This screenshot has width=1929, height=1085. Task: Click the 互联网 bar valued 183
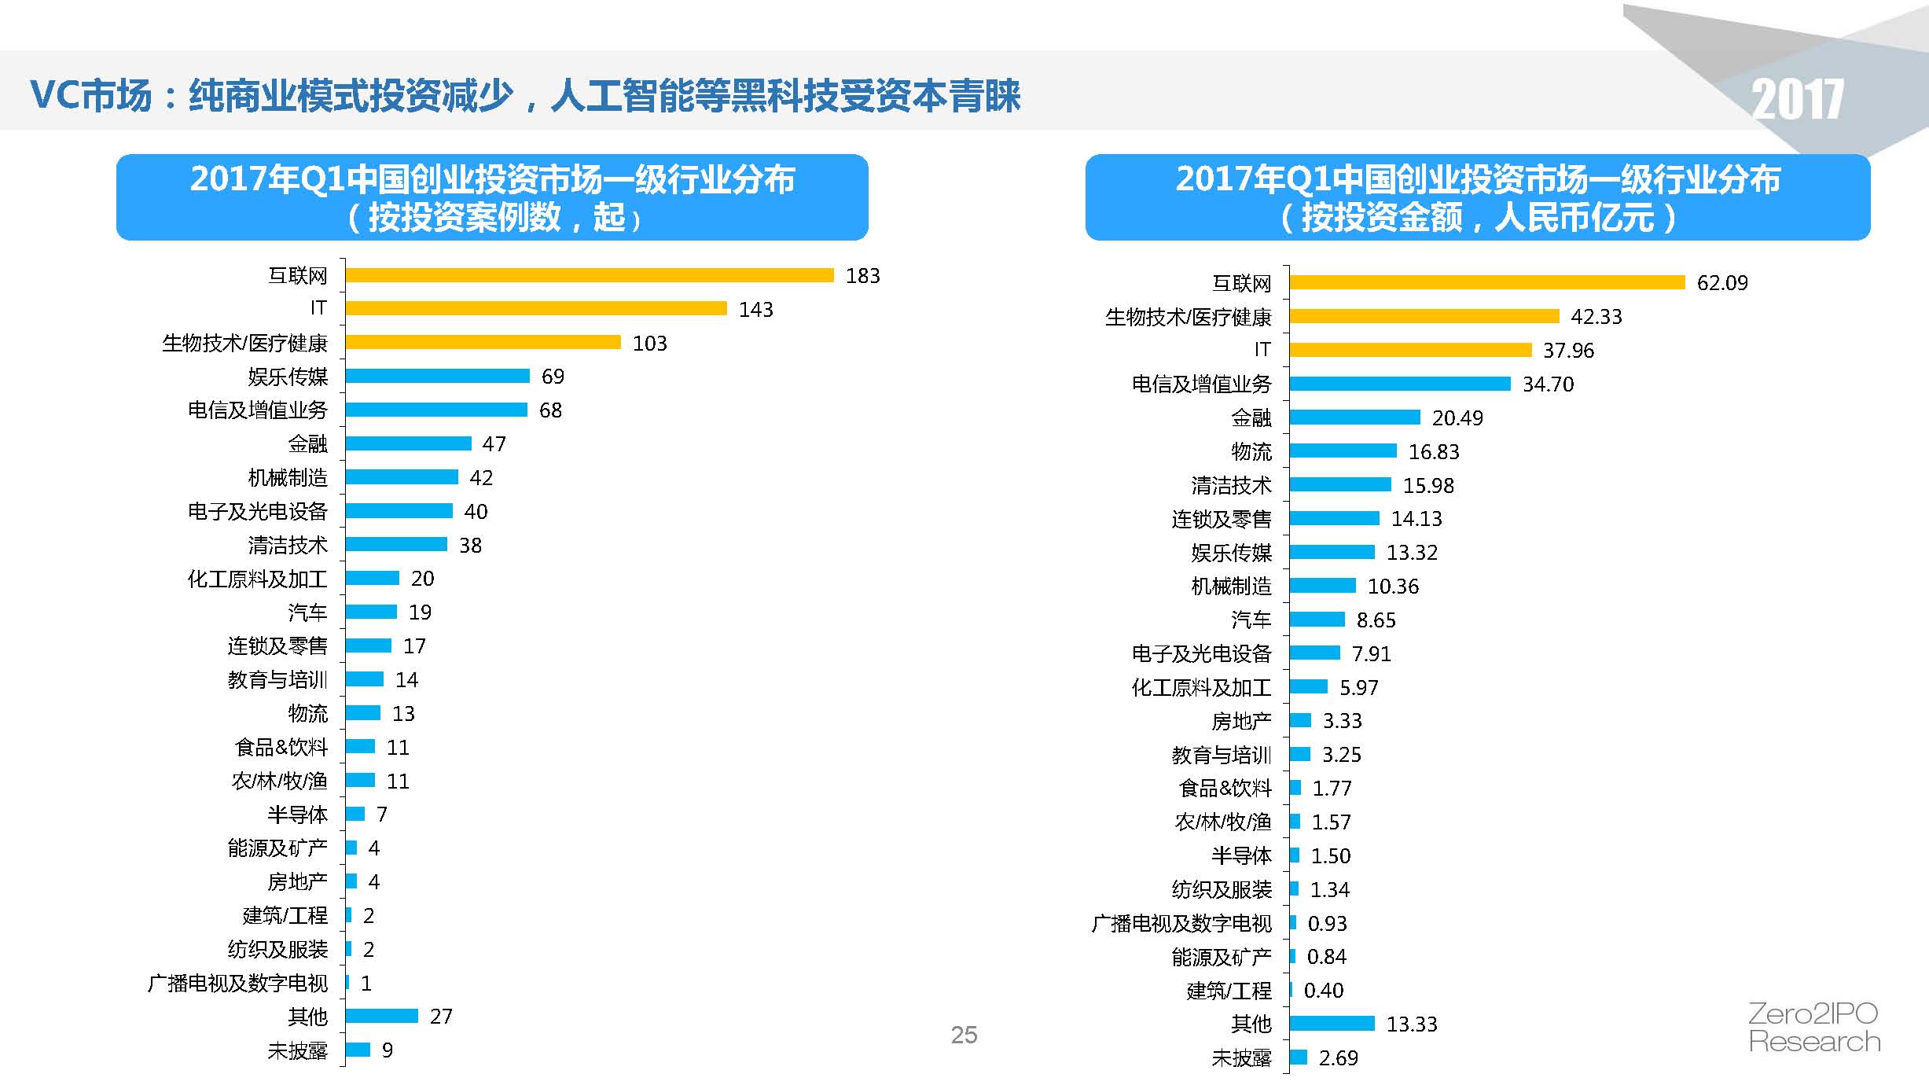[589, 275]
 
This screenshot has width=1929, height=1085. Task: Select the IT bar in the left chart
[535, 308]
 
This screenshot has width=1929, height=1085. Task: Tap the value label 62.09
[1721, 283]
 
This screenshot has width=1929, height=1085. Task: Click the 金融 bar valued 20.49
[1354, 417]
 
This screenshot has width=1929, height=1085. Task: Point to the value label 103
[649, 344]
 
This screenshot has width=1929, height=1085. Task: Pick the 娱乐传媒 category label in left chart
[288, 377]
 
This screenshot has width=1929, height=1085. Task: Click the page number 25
[964, 1035]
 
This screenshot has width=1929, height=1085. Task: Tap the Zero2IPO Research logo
[1813, 1028]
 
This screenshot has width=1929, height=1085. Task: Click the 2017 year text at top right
[1797, 100]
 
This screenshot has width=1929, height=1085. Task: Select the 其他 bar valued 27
[381, 1017]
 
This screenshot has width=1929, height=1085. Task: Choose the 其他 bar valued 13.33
[1332, 1024]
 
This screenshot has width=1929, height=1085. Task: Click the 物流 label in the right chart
[1251, 452]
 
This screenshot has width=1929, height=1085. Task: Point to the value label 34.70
[1548, 384]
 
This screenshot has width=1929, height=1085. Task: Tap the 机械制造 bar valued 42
[401, 477]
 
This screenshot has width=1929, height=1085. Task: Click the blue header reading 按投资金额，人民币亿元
[1477, 197]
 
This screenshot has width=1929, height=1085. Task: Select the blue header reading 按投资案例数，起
[492, 197]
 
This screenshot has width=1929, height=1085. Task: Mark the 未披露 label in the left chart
[297, 1051]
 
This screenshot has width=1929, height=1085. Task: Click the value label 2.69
[1338, 1058]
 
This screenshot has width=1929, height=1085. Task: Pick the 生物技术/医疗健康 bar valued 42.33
[1424, 316]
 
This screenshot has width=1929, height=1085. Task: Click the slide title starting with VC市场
[524, 96]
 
